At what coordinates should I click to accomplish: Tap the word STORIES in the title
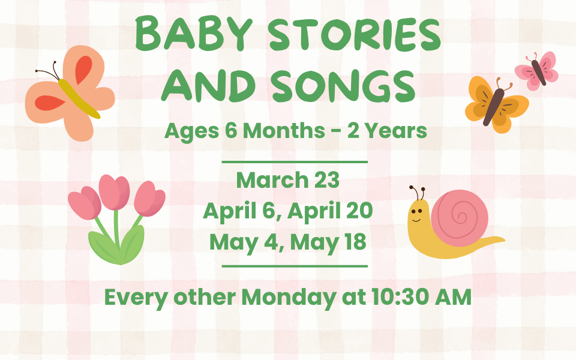[x=355, y=34]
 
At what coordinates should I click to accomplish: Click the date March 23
[x=287, y=180]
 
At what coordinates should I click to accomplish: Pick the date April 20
[x=330, y=211]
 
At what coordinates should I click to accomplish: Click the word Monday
[x=289, y=298]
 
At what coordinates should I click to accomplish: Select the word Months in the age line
[x=284, y=130]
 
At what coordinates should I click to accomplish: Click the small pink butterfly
[x=536, y=71]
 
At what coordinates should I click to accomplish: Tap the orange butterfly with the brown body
[x=496, y=104]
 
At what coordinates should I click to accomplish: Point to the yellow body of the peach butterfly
[x=79, y=98]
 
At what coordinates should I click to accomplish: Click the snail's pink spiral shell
[x=460, y=217]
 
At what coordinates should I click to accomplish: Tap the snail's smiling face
[x=418, y=215]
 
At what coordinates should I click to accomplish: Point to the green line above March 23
[x=295, y=161]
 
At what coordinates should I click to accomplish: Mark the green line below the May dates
[x=295, y=266]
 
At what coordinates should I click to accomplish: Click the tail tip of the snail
[x=504, y=240]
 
